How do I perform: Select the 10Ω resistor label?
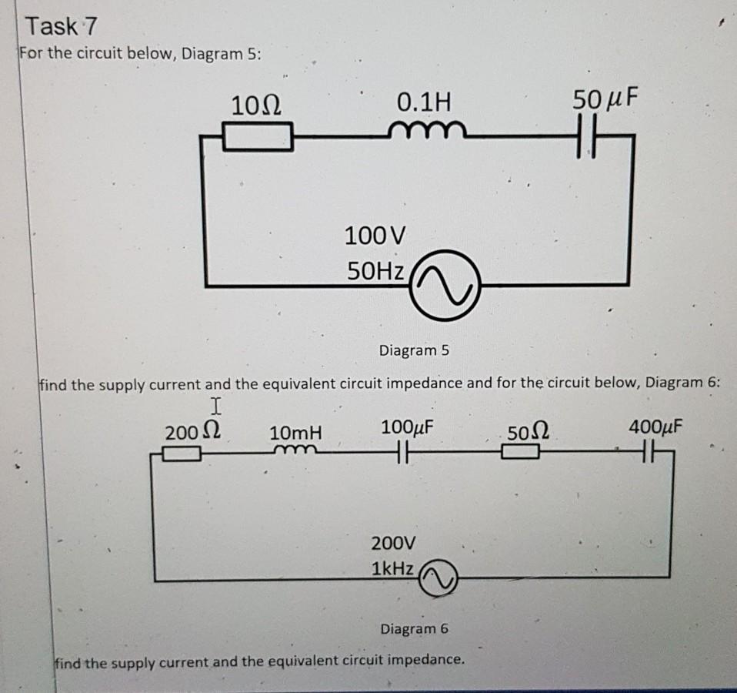255,102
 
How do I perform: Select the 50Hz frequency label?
375,270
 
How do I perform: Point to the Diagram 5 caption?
413,351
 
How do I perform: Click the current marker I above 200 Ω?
216,406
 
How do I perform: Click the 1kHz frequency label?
393,571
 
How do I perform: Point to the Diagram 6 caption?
414,629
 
